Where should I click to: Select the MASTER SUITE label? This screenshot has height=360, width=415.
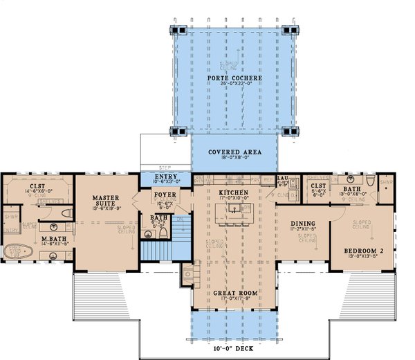pyautogui.click(x=108, y=201)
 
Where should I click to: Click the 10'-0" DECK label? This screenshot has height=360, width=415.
pyautogui.click(x=233, y=345)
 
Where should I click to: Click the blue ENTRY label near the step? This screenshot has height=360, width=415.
pyautogui.click(x=166, y=177)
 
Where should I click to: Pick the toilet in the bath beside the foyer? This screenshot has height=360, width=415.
pyautogui.click(x=163, y=233)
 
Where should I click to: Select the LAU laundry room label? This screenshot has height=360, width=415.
pyautogui.click(x=282, y=178)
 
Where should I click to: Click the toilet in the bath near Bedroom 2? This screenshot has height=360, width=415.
pyautogui.click(x=371, y=181)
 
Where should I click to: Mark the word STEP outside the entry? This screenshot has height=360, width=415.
pyautogui.click(x=165, y=167)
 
